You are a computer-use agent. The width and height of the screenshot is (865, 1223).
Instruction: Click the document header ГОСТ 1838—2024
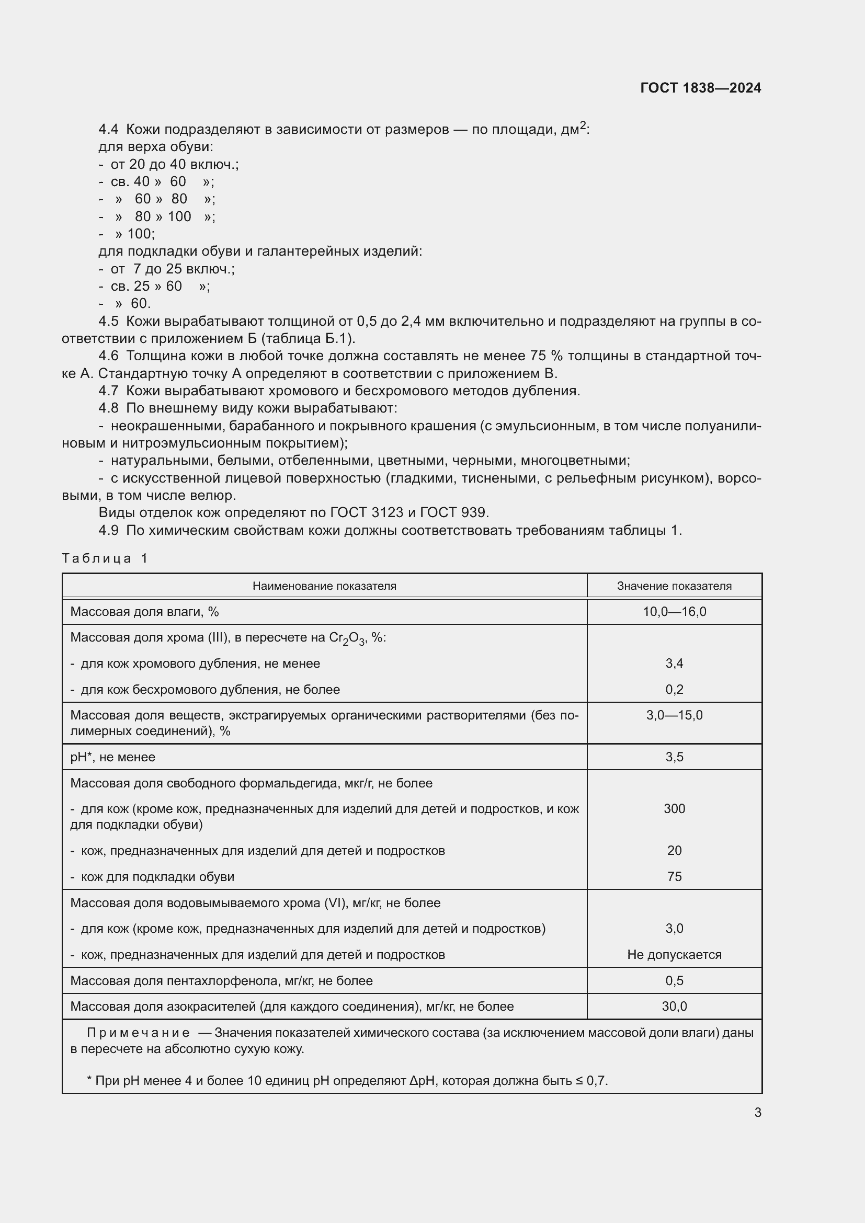pos(700,88)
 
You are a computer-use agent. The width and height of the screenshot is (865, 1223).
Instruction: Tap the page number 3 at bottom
pos(757,1112)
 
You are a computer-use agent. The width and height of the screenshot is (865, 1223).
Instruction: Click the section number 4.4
pos(108,130)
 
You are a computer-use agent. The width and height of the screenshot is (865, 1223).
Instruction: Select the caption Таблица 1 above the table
pos(105,558)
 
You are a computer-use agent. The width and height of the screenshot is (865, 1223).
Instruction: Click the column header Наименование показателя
pos(324,586)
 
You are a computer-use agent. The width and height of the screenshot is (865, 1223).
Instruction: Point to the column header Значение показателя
pos(674,586)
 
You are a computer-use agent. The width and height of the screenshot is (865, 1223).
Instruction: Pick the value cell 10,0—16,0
pos(674,612)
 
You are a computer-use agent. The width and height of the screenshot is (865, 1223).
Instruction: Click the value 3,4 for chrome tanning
pos(674,663)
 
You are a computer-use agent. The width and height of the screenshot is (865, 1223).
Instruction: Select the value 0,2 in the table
pos(674,689)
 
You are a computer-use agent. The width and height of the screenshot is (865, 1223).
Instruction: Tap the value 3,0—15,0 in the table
pos(674,715)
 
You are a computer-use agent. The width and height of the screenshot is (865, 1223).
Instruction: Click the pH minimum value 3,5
pos(674,757)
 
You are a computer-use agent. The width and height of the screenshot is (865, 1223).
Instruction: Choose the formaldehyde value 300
pos(674,808)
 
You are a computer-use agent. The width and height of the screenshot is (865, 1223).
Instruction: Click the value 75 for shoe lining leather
pos(674,876)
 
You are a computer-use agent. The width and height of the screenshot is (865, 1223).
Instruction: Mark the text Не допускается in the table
pos(674,955)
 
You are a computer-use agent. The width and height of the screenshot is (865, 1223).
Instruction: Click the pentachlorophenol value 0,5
pos(674,980)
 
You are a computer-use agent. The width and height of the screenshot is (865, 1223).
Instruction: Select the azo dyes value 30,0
pos(674,1006)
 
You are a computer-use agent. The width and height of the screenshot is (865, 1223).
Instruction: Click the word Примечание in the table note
pos(138,1033)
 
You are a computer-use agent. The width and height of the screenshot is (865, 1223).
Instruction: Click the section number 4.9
pos(108,530)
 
